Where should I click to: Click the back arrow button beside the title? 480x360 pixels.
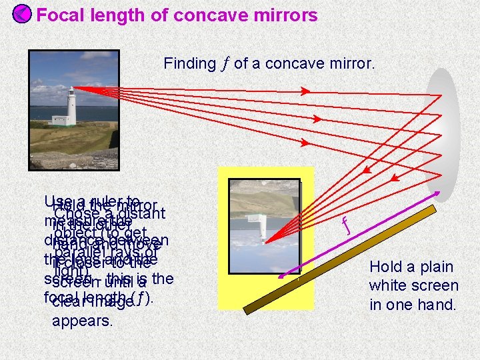21,14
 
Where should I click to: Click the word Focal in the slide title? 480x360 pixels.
59,15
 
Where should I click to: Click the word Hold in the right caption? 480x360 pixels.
385,267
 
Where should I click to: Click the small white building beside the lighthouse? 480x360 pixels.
60,121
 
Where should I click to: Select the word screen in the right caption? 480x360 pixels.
437,286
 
